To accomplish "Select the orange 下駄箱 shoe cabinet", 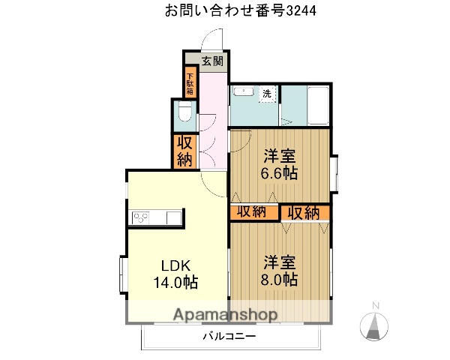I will click(x=190, y=82).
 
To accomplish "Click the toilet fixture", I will click(x=184, y=115).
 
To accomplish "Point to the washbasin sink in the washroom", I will click(x=243, y=92).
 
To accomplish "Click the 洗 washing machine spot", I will click(x=267, y=94).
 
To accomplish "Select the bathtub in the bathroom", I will click(x=318, y=105).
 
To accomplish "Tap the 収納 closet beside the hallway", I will click(x=184, y=150).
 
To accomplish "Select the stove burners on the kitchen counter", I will click(x=142, y=218).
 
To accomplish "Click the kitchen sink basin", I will click(x=172, y=218).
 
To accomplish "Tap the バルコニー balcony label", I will click(x=229, y=337).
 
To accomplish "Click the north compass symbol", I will click(x=374, y=324).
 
